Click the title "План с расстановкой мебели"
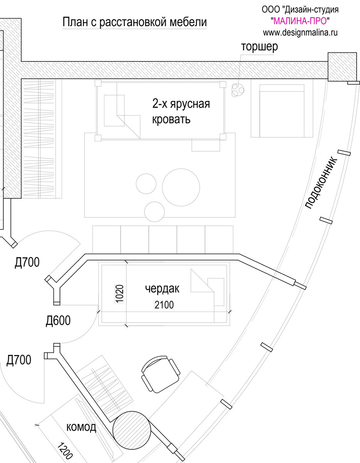point(135,22)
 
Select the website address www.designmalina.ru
point(300,33)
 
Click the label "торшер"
point(259,47)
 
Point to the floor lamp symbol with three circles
point(237,90)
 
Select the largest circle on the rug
point(181,187)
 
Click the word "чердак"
point(162,288)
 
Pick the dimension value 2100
point(164,305)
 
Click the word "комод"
point(81,427)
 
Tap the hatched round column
point(132,429)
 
